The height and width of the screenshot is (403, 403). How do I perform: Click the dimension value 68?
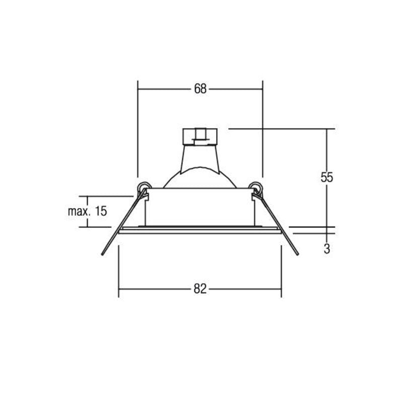200,89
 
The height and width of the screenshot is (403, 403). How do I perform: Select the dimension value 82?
200,289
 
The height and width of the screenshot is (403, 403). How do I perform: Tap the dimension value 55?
326,177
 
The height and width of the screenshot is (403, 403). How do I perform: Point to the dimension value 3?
326,248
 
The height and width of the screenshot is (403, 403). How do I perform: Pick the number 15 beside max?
101,211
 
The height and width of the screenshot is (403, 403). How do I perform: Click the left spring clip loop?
144,187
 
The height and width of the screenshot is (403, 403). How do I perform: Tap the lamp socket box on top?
200,137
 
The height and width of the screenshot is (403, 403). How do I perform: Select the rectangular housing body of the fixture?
200,207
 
